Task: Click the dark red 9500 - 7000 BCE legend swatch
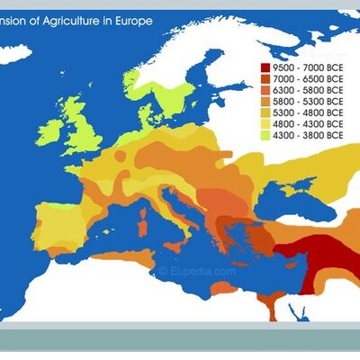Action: [265, 67]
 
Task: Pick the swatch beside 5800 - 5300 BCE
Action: [265, 103]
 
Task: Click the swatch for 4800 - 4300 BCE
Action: [265, 127]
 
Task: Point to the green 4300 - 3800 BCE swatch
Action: [265, 139]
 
